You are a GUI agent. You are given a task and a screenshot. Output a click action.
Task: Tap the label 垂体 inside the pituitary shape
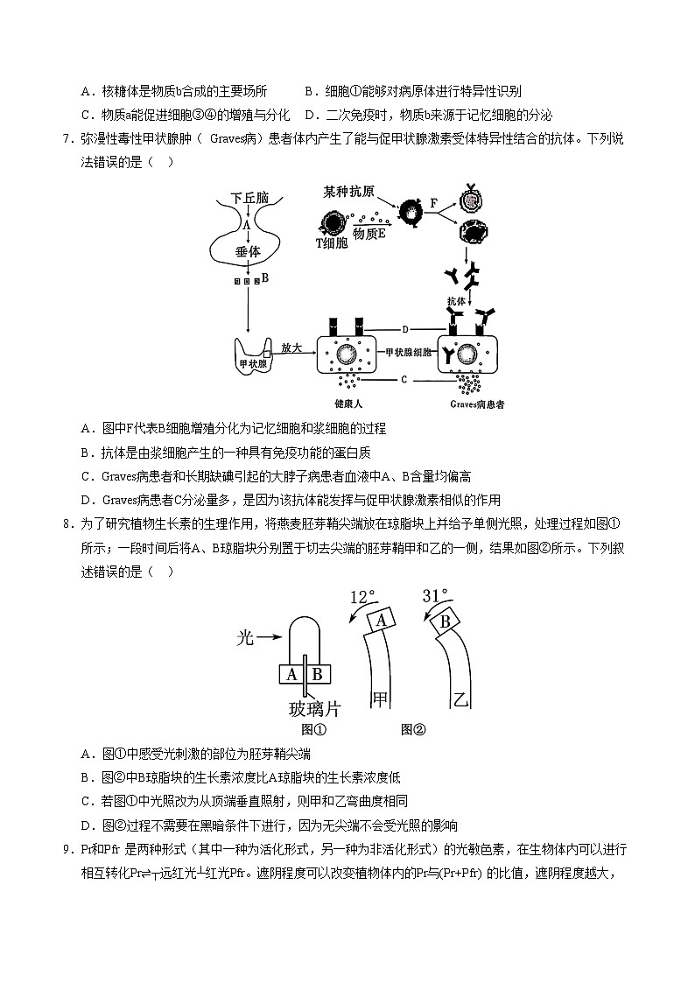248,251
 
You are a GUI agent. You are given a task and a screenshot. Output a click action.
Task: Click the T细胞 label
331,242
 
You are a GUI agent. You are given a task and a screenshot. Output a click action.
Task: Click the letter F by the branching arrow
433,203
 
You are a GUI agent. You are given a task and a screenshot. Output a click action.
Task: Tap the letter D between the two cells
406,329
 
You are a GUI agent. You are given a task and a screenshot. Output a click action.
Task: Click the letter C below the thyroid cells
404,380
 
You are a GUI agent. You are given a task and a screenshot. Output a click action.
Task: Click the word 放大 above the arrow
291,348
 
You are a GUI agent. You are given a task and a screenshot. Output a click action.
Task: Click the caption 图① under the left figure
313,729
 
